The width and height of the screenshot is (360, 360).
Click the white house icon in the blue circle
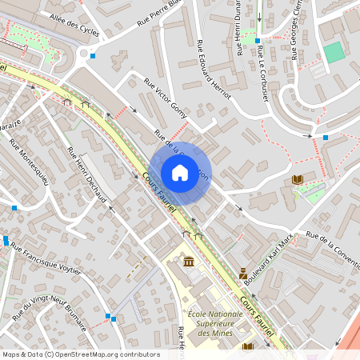179,172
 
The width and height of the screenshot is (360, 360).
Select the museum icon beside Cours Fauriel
189,262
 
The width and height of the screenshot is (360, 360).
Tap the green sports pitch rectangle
334,53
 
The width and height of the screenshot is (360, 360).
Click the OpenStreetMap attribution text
81,354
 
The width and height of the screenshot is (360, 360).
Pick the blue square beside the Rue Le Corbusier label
258,40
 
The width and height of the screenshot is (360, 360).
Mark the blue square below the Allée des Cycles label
93,56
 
